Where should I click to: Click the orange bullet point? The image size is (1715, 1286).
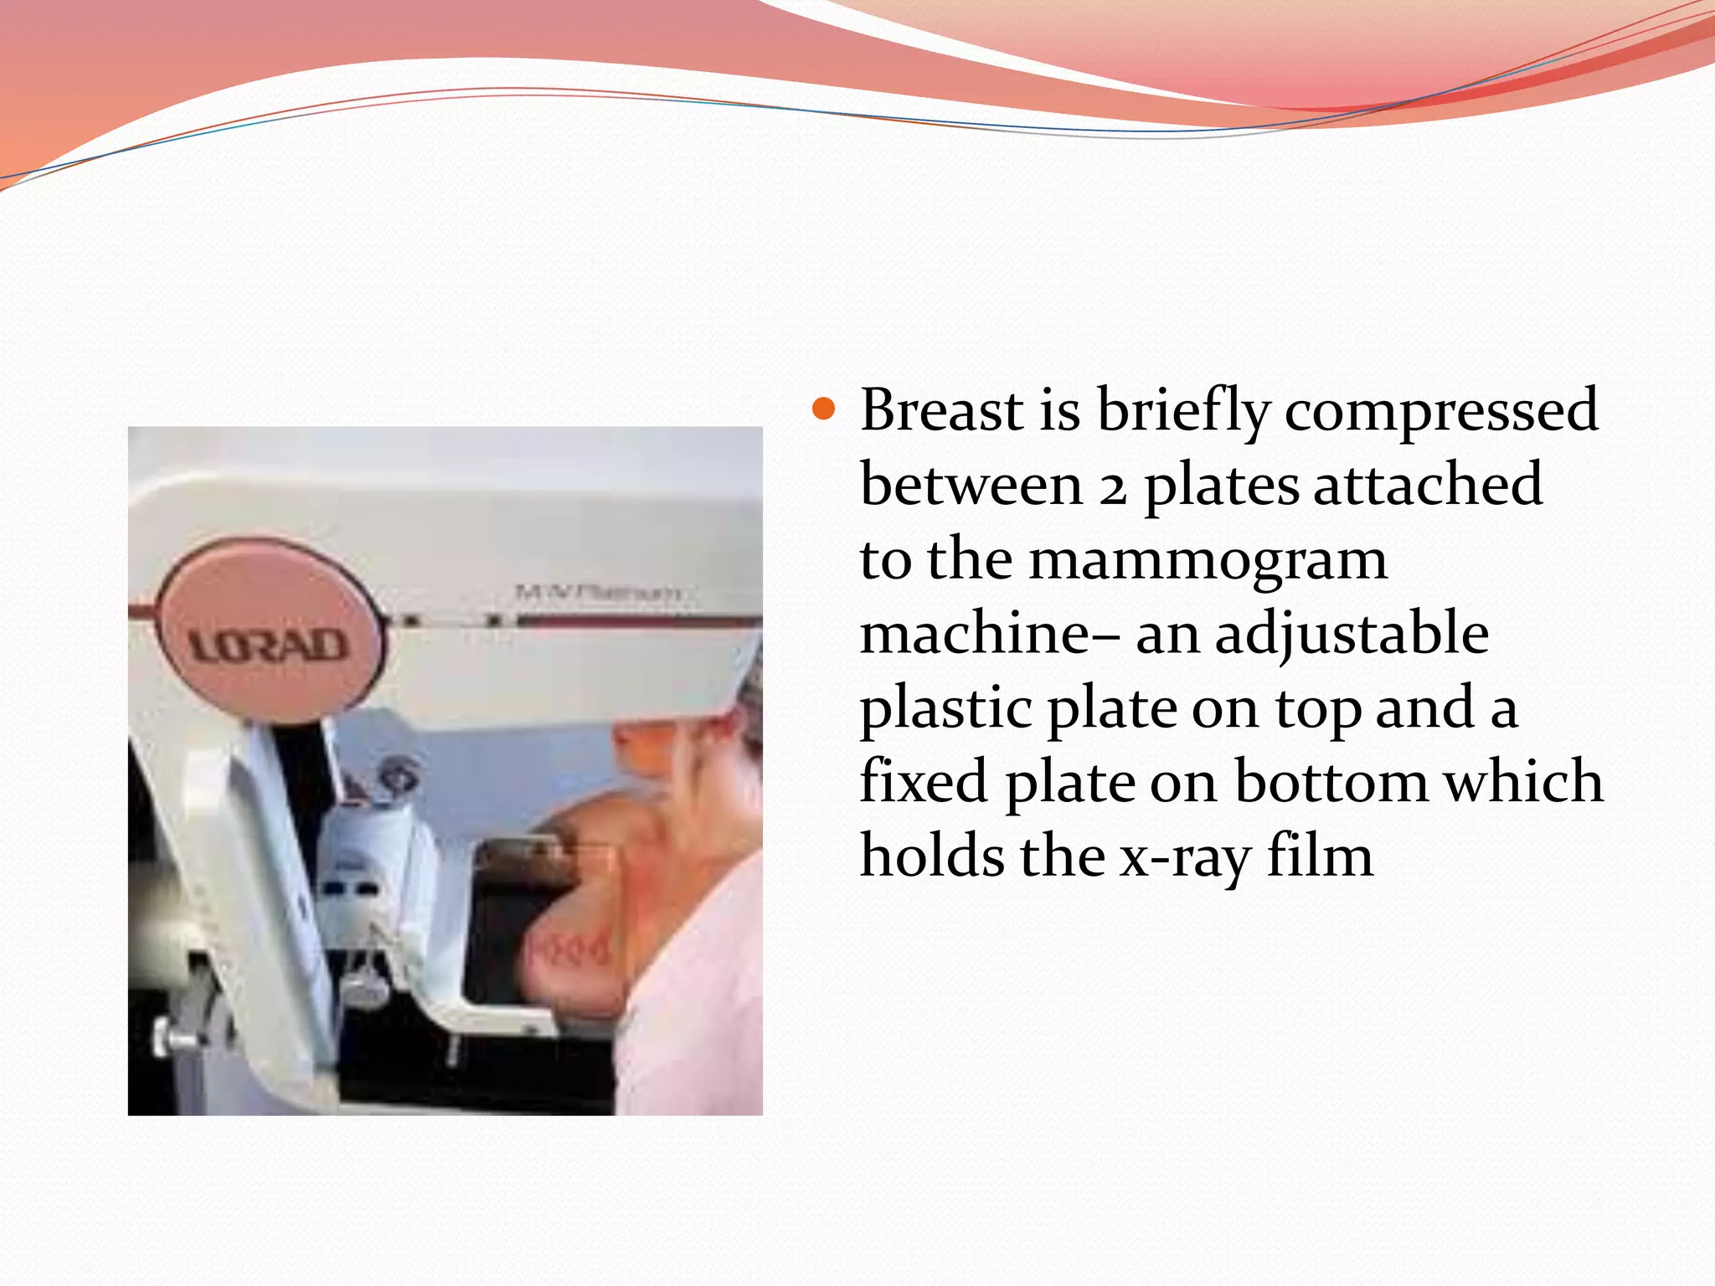[824, 409]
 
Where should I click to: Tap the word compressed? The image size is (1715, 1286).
[1441, 412]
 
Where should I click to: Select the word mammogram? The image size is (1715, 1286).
[1208, 561]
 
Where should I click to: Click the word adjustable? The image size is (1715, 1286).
[1352, 635]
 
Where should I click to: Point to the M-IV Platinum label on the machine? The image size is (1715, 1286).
[598, 593]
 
